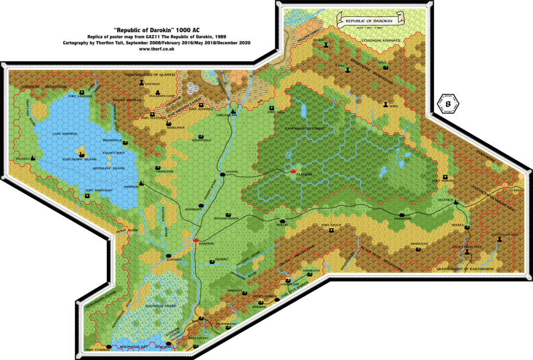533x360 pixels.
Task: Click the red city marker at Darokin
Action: [196, 240]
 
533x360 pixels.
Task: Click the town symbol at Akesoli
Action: [33, 158]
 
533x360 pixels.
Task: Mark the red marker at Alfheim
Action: [293, 171]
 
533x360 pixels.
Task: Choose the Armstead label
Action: [418, 243]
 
